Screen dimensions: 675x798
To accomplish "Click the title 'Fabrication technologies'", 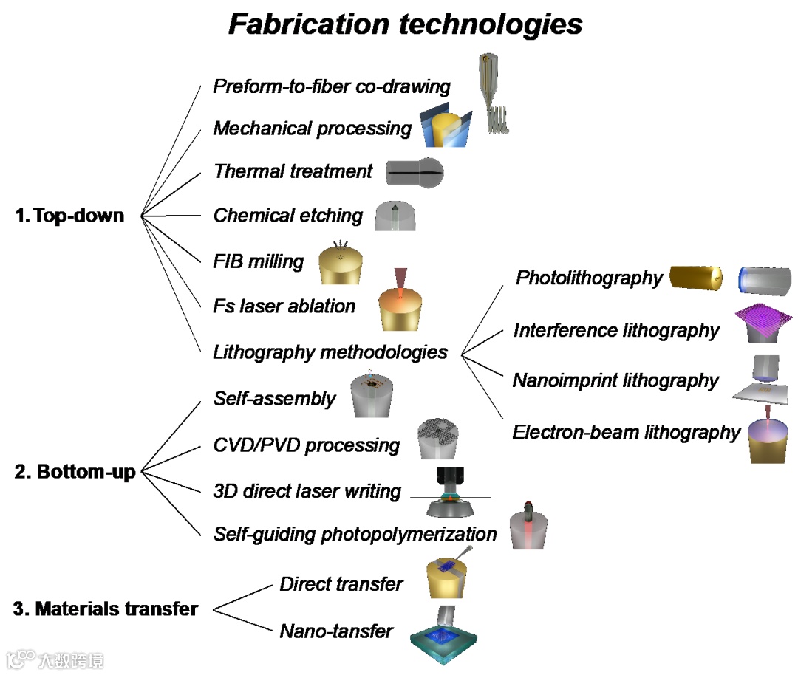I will point(405,24).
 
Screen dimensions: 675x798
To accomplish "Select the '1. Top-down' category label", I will point(70,216).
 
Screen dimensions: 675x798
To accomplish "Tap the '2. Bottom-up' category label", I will point(75,471).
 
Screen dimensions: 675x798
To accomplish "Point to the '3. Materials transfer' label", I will point(106,609).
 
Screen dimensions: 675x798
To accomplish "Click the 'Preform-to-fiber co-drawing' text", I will point(332,86).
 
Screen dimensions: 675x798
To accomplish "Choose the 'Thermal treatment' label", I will point(293,171).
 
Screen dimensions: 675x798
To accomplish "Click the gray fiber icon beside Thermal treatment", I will point(415,173).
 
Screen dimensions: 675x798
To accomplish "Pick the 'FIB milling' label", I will point(259,261).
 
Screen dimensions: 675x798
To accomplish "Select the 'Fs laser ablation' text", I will point(284,306).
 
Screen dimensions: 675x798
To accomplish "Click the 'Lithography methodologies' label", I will point(330,352).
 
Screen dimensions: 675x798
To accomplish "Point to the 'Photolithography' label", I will point(589,278).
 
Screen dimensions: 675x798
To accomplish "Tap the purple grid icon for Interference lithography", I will point(764,321).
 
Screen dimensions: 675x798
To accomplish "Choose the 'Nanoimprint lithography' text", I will point(615,381).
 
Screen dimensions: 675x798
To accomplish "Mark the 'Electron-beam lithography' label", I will point(627,432).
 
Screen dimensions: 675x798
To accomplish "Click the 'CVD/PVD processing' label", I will point(307,445).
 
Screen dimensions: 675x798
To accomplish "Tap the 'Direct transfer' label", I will point(341,584).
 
